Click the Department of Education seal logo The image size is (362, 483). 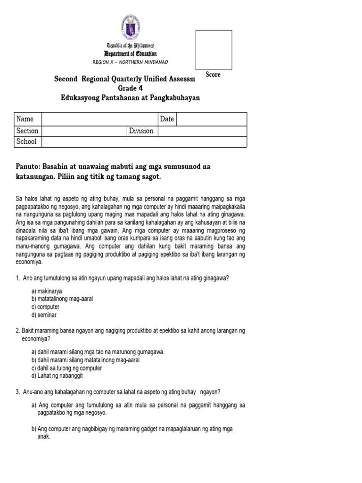pos(131,28)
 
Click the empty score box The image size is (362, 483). pos(214,50)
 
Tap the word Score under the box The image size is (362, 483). pos(213,75)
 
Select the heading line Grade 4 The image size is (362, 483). pos(130,88)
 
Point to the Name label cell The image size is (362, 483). pos(28,119)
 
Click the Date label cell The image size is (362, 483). pos(167,119)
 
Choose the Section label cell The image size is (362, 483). pos(28,131)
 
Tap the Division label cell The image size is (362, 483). pos(141,131)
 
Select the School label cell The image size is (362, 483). pos(28,142)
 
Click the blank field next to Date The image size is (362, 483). pos(212,119)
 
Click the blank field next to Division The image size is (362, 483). pos(202,131)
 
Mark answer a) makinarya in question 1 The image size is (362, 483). pos(47,291)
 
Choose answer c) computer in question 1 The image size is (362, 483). pos(45,307)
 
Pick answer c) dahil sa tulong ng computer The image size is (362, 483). pos(66,368)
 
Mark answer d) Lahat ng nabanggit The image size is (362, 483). pos(57,376)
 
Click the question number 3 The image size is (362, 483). pos(17,391)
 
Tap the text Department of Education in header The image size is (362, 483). pos(131,54)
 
